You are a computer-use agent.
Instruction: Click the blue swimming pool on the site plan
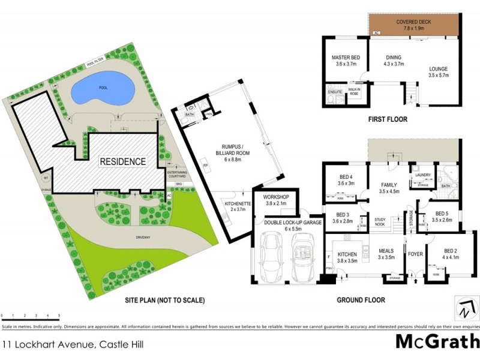100,92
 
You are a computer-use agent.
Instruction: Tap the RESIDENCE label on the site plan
122,161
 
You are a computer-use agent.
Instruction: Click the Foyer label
416,253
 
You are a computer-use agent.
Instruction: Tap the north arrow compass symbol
463,307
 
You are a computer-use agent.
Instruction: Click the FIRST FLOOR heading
388,119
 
